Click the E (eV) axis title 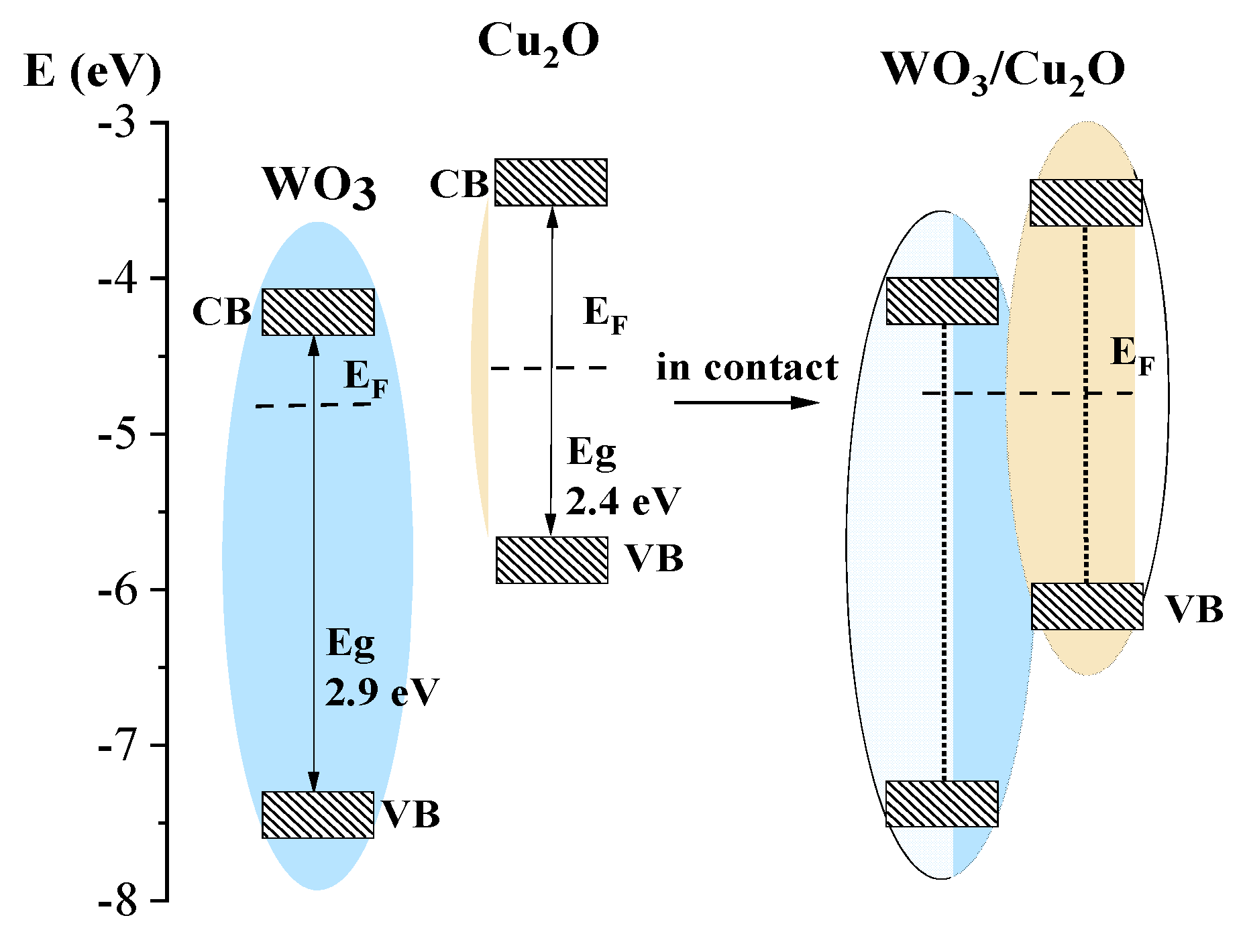click(x=92, y=71)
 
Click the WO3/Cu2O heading click(x=1003, y=72)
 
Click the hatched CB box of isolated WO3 click(x=318, y=312)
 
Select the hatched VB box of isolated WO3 click(x=318, y=815)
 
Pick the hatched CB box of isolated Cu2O click(x=551, y=182)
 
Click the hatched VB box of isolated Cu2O click(x=552, y=560)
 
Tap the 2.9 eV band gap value click(x=382, y=693)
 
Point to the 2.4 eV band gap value click(x=623, y=502)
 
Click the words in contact click(x=747, y=368)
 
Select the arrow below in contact click(x=746, y=402)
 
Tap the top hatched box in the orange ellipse click(x=1086, y=202)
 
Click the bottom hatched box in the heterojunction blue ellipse click(x=942, y=803)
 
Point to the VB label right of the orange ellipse click(x=1193, y=609)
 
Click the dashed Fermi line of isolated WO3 click(x=314, y=405)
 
